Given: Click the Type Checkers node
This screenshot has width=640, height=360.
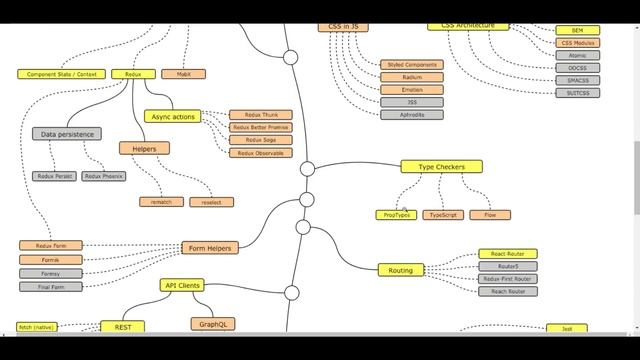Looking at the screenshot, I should [x=441, y=167].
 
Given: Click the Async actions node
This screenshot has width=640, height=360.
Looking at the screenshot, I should [x=173, y=117].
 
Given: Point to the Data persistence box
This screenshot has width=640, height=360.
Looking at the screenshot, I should [x=67, y=134].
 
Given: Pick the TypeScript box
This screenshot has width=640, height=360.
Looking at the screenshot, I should [x=445, y=215].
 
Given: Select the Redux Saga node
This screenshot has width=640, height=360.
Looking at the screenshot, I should [x=261, y=140].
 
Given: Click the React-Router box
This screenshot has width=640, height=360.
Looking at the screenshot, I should [x=507, y=254].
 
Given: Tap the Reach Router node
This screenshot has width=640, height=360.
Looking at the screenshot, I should [x=507, y=291].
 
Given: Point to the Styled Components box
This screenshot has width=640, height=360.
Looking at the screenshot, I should [x=412, y=65].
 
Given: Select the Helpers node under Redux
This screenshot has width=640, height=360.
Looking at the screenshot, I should [x=151, y=148].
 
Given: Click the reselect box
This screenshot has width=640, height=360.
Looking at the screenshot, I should [x=210, y=202].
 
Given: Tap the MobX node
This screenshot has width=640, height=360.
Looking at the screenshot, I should [x=183, y=74].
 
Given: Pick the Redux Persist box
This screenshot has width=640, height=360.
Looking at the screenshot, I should [x=54, y=176].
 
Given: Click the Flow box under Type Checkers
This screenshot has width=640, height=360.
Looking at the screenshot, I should [x=490, y=215].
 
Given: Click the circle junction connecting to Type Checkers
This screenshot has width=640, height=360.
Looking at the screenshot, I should [x=307, y=169].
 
